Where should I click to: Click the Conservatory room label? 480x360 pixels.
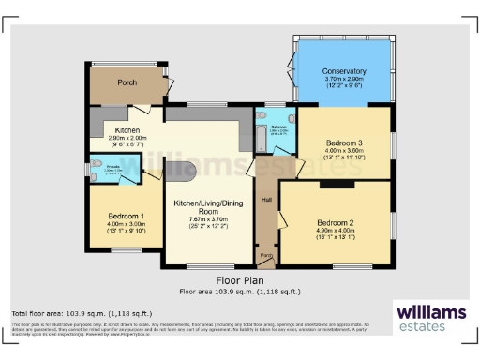click(x=344, y=71)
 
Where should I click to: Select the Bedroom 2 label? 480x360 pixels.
click(x=334, y=222)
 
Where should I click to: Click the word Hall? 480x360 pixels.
click(x=266, y=200)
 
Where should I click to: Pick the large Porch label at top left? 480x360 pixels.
click(x=127, y=82)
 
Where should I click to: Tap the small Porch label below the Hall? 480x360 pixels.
click(x=265, y=255)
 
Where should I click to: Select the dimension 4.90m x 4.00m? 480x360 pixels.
click(x=334, y=230)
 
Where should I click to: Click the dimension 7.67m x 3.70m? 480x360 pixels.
click(x=208, y=219)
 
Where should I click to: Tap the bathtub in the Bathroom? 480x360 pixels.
click(x=261, y=138)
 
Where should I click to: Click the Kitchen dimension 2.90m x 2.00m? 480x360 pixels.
click(x=127, y=139)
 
